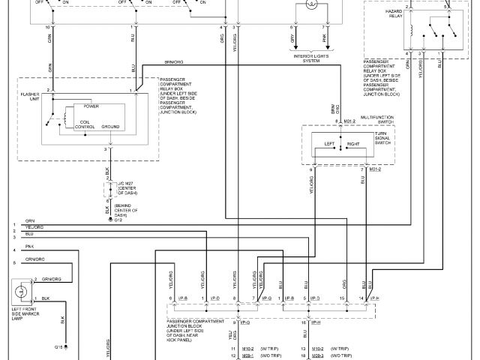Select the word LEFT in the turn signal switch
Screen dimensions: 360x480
327,142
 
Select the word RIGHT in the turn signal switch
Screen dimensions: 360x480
353,142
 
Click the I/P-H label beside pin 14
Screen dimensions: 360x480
376,298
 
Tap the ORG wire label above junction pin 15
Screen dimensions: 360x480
343,284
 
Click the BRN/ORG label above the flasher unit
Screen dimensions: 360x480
175,61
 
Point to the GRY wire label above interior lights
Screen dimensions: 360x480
292,34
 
